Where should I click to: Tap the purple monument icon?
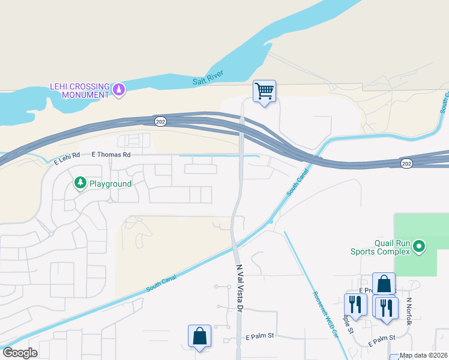[x=119, y=90]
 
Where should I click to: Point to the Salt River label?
[x=208, y=77]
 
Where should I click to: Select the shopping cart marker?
[x=264, y=91]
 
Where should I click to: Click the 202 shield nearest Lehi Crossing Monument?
[x=160, y=121]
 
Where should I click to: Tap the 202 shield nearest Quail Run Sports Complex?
[x=407, y=163]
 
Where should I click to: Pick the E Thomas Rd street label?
[x=111, y=154]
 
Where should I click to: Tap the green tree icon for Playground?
[x=79, y=182]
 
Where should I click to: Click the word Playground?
[x=110, y=183]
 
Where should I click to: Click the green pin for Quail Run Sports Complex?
[x=419, y=246]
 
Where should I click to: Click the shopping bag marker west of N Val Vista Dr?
[x=199, y=337]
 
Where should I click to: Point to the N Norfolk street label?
[x=409, y=311]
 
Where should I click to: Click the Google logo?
[x=20, y=352]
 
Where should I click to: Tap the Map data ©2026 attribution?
[x=423, y=355]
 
